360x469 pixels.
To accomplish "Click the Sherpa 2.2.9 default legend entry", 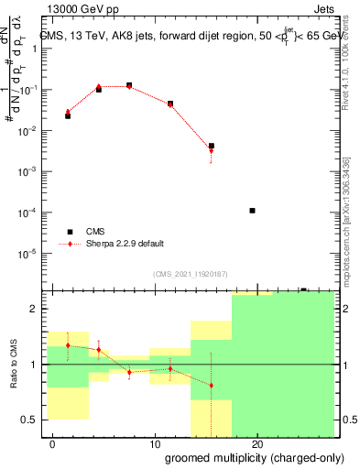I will pyautogui.click(x=125, y=244).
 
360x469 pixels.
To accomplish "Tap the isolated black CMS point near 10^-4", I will pyautogui.click(x=252, y=211).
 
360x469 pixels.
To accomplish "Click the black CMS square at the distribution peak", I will pyautogui.click(x=129, y=85).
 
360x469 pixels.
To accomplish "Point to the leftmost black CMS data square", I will pyautogui.click(x=68, y=116).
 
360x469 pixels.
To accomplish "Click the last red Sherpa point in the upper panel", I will pyautogui.click(x=212, y=150).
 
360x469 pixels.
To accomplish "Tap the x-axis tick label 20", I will pyautogui.click(x=257, y=445).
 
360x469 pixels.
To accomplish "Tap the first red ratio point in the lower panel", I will pyautogui.click(x=68, y=345).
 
